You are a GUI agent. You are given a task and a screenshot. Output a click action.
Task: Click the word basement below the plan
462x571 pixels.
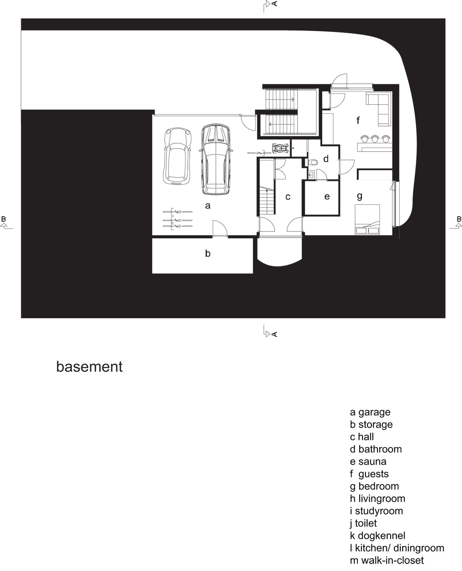[x=89, y=367]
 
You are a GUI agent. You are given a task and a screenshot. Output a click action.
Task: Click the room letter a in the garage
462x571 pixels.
[x=208, y=206]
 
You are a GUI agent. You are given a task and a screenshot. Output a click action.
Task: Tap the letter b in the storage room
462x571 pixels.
[x=208, y=253]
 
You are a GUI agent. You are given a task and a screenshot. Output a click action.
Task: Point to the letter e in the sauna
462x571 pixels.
[x=327, y=196]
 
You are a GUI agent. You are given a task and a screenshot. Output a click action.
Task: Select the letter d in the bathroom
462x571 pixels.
[x=326, y=159]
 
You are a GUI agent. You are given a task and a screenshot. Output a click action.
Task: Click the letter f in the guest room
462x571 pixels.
[x=358, y=120]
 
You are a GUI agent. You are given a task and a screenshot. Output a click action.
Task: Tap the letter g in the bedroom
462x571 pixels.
[x=360, y=196]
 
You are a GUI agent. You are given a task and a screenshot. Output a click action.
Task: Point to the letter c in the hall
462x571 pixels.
[x=288, y=197]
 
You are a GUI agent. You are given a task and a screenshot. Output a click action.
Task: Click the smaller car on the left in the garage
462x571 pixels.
[x=177, y=156]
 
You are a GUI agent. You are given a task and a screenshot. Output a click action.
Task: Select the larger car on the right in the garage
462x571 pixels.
[x=216, y=159]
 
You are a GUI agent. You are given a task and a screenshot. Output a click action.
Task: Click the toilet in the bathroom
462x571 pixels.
[x=313, y=162]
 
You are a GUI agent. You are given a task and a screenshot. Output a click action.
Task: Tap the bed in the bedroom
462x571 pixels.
[x=367, y=220]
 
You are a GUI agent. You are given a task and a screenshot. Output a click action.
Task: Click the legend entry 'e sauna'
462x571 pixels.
[x=368, y=461]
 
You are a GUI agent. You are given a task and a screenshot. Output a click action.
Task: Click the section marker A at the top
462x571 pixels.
[x=270, y=6]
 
